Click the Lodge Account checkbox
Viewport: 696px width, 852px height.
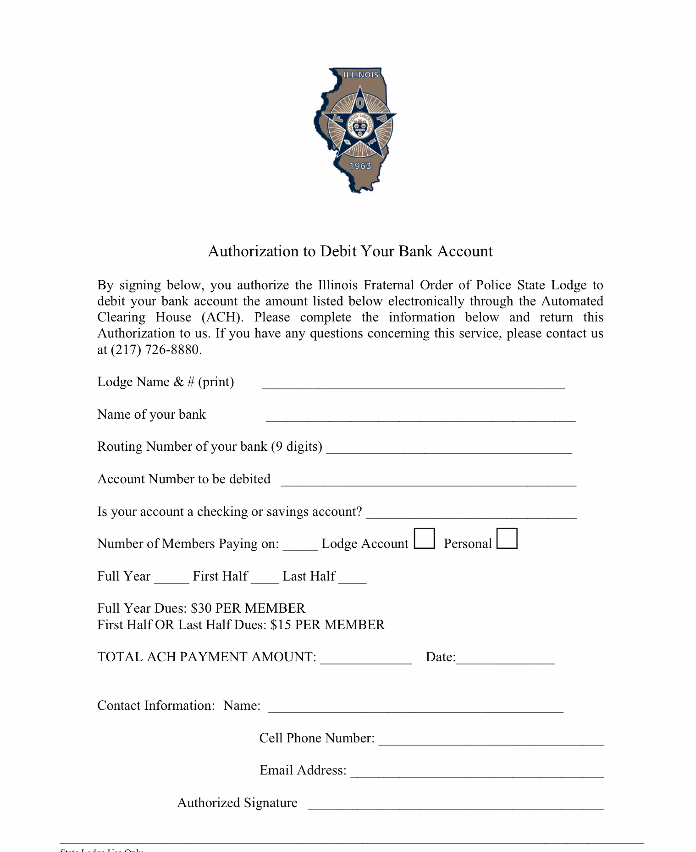424,538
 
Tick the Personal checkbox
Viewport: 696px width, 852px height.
507,538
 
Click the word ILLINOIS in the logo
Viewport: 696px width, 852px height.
361,75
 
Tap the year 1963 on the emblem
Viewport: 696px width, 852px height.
360,166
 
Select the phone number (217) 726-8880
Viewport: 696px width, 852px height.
156,350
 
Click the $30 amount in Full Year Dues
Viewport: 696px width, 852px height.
201,609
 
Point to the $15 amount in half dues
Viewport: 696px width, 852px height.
281,625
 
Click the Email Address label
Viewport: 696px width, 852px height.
303,770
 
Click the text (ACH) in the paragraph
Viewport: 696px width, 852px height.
222,317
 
